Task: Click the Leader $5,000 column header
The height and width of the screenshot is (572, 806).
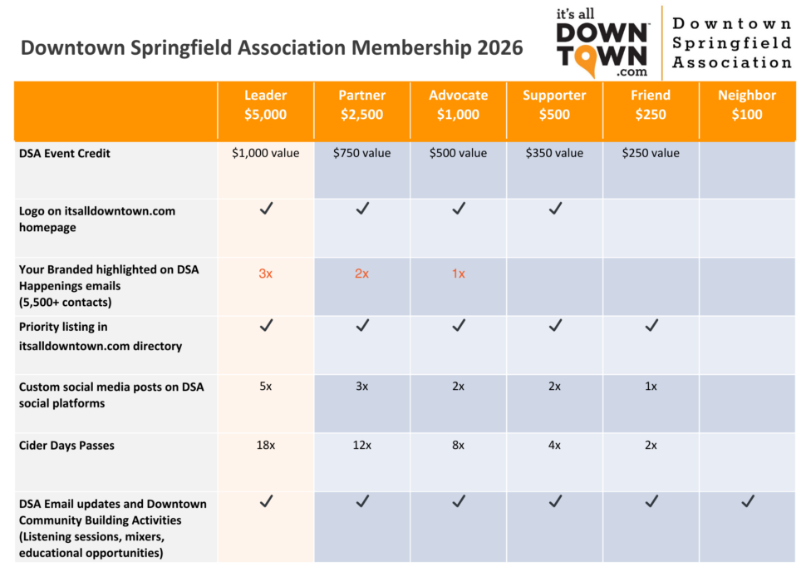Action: coord(265,105)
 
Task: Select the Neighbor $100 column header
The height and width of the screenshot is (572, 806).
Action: coord(747,105)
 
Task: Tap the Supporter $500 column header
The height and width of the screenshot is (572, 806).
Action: coord(554,105)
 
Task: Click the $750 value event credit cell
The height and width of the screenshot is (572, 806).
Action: coord(362,153)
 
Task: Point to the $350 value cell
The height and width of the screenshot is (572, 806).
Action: coord(554,153)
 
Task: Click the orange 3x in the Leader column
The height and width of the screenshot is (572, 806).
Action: coord(265,274)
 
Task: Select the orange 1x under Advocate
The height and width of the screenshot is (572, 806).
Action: coord(459,274)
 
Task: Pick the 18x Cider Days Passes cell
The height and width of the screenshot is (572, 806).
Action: coord(266,445)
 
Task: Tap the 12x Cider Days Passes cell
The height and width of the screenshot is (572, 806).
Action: coord(362,445)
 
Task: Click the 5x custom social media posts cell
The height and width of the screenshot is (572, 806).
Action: coord(265,387)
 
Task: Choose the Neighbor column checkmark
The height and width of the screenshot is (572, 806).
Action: coord(748,501)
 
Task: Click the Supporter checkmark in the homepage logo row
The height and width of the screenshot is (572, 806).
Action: coord(555,209)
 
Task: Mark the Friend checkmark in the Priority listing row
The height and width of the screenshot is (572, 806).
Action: coord(651,325)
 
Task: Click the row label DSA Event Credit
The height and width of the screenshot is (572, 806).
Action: coord(64,153)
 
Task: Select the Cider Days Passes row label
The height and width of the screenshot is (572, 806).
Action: coord(66,446)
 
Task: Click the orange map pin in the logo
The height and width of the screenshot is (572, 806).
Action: coord(586,59)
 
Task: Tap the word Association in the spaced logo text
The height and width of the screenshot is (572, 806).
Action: coord(732,62)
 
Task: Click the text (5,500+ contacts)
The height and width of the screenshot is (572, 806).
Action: coord(66,302)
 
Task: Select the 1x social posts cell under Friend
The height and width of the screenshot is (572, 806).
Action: coord(651,387)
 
